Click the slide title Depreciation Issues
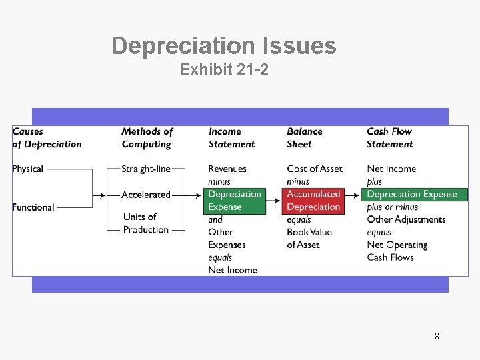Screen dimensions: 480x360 click(224, 46)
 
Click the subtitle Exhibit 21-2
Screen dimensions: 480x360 click(224, 69)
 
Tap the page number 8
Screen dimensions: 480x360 click(437, 336)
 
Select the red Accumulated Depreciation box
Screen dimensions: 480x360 click(313, 201)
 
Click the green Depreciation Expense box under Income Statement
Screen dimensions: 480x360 click(235, 201)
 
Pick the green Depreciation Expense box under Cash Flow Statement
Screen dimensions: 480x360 click(412, 195)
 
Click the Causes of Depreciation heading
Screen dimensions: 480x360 click(47, 138)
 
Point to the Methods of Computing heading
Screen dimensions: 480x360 click(147, 138)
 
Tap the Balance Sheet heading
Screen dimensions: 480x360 click(305, 138)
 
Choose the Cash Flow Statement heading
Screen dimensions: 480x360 click(390, 138)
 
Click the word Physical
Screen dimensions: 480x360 click(27, 169)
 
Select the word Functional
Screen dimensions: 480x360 click(33, 207)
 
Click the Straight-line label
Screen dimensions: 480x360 click(146, 169)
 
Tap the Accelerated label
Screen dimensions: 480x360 click(146, 195)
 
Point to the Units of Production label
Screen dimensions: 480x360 click(146, 223)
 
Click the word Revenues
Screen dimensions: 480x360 click(227, 169)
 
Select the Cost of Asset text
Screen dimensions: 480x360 click(315, 169)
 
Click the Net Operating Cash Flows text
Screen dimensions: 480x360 click(397, 251)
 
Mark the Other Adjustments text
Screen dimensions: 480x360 click(406, 219)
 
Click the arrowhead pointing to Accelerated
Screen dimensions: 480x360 click(103, 195)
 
